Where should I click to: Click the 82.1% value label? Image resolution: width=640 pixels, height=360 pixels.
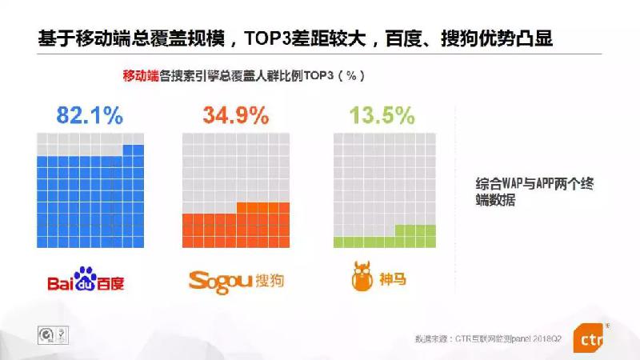(x=90, y=115)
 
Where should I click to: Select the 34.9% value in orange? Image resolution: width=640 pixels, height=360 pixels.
(x=236, y=115)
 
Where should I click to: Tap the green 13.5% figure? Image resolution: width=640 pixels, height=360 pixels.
(x=382, y=115)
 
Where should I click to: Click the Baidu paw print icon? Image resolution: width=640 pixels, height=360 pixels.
(x=86, y=278)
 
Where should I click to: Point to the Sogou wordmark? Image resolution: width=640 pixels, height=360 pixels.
(x=221, y=282)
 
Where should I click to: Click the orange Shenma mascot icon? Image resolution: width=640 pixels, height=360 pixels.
(x=362, y=276)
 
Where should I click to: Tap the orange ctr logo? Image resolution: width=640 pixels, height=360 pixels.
(x=588, y=338)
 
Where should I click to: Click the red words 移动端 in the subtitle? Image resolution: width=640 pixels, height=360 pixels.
(x=141, y=75)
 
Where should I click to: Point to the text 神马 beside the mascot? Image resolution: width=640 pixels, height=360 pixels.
(x=393, y=279)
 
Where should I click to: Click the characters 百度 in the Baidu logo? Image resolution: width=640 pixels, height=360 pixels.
(x=110, y=283)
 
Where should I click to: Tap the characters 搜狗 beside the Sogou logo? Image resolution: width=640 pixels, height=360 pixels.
(x=270, y=281)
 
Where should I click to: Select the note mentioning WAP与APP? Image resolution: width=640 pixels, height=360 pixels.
(x=534, y=191)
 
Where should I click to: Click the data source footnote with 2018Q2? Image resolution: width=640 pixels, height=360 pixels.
(x=488, y=338)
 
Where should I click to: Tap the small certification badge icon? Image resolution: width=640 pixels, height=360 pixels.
(x=53, y=335)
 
